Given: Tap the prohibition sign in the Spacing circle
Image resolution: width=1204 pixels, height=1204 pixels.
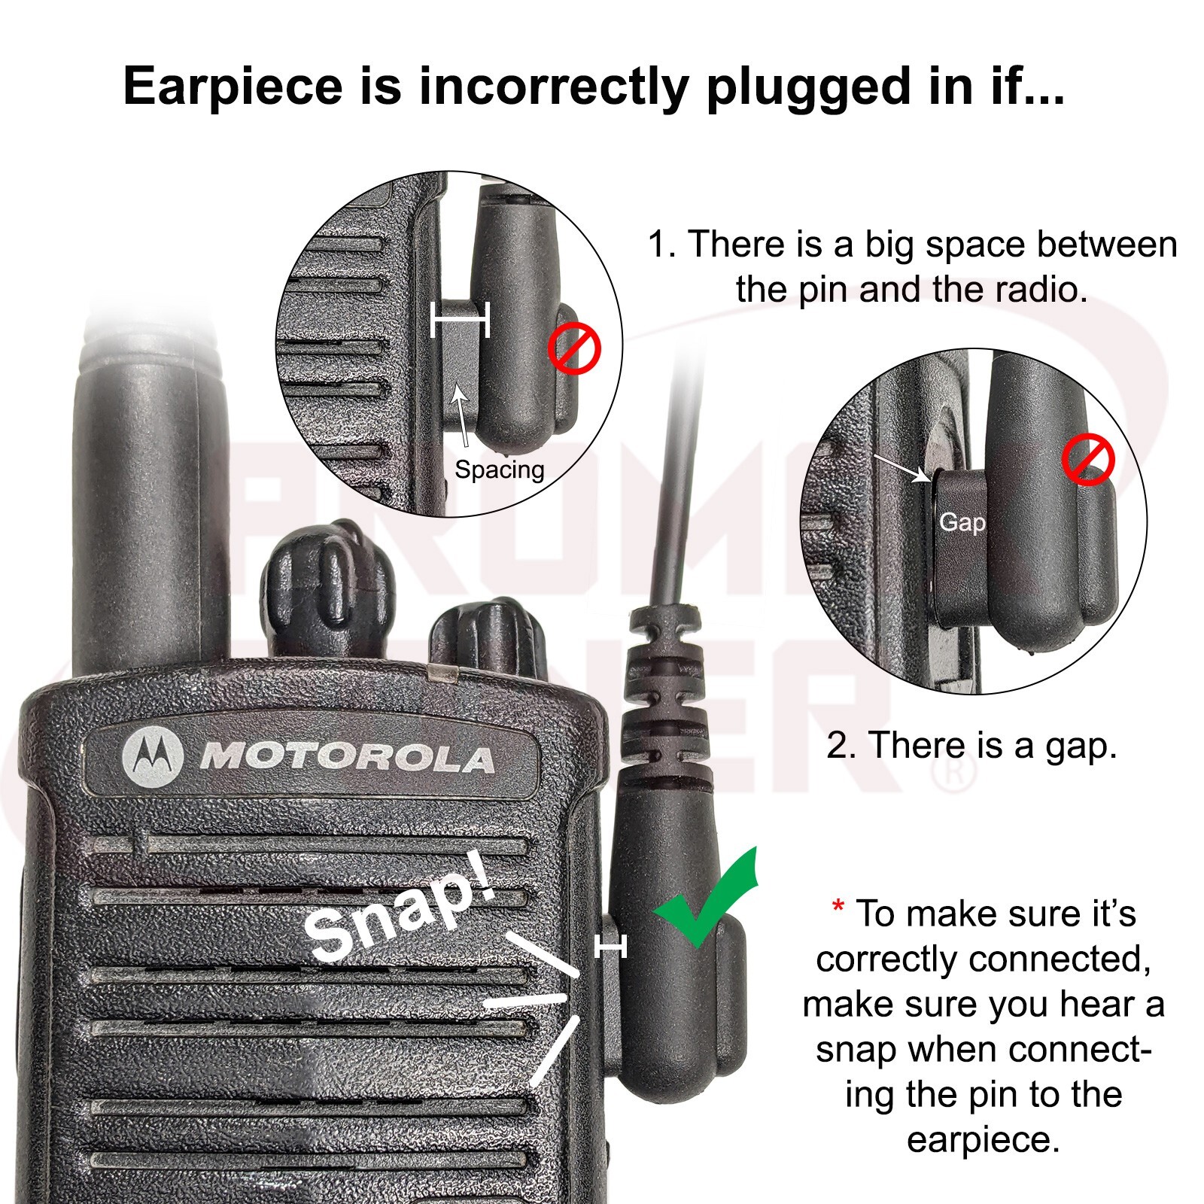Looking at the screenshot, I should pyautogui.click(x=574, y=350).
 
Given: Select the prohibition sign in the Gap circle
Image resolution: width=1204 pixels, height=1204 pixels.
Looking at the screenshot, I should pyautogui.click(x=1088, y=462).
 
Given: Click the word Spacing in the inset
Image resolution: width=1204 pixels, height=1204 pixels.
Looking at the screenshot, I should pyautogui.click(x=499, y=470).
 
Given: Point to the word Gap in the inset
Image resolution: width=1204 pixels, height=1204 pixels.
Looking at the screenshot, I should pyautogui.click(x=962, y=522).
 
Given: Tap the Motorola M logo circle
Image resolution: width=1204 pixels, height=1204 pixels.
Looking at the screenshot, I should pyautogui.click(x=153, y=754).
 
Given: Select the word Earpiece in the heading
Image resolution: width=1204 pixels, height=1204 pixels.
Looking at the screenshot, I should pyautogui.click(x=233, y=87).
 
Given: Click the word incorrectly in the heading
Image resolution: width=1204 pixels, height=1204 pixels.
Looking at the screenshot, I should pyautogui.click(x=553, y=87).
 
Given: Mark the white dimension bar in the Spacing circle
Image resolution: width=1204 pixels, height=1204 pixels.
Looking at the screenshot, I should pyautogui.click(x=460, y=320).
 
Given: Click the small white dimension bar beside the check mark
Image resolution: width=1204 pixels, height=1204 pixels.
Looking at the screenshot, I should pyautogui.click(x=610, y=947).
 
